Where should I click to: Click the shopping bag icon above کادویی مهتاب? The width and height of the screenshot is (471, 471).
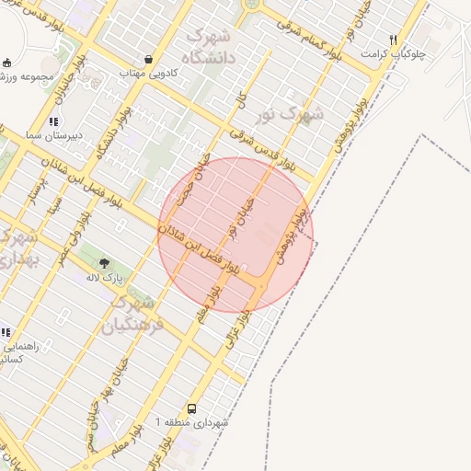tap(148, 59)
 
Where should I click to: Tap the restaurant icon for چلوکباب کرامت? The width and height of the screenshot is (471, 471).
tap(394, 40)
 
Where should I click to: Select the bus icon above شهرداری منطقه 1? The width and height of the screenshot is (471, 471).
tap(191, 408)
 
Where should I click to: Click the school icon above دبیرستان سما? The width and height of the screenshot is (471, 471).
tap(53, 121)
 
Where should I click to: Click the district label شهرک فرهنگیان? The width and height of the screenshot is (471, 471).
tap(137, 313)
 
